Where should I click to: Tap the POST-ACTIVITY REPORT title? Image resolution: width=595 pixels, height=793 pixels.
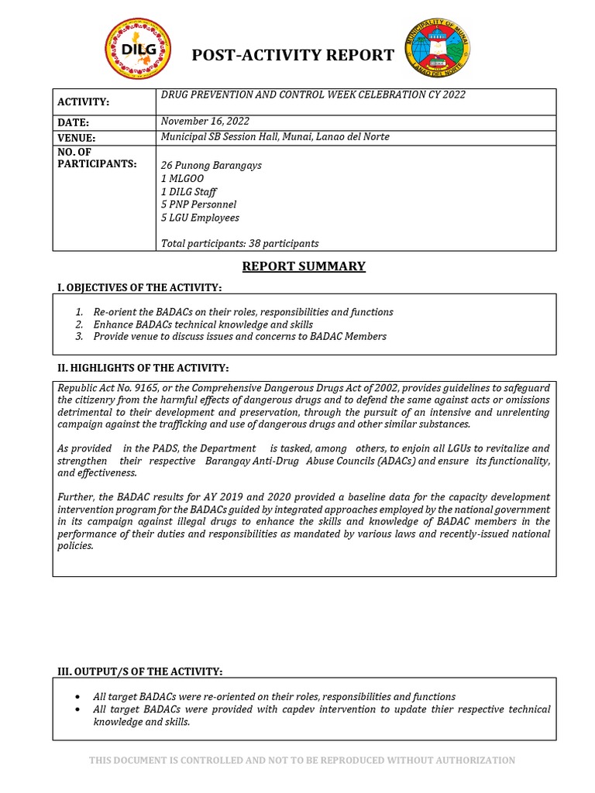coord(293,55)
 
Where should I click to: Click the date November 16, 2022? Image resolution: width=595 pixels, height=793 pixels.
coord(205,121)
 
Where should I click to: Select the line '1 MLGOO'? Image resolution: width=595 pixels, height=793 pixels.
coord(184,179)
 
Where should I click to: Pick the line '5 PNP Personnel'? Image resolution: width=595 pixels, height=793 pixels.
coord(198,204)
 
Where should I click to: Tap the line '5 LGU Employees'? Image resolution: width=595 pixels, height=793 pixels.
coord(200,218)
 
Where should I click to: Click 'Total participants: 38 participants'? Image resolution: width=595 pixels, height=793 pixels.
coord(239,243)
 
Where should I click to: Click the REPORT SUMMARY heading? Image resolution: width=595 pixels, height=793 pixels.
coord(304,266)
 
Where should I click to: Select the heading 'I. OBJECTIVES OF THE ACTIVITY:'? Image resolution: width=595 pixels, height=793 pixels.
coord(140,288)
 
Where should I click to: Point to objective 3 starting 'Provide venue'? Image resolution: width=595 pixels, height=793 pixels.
coord(239,337)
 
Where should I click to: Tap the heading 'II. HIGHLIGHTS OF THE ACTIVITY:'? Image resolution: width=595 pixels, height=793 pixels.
coord(143,367)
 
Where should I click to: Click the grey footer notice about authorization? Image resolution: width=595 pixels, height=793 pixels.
coord(302,760)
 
